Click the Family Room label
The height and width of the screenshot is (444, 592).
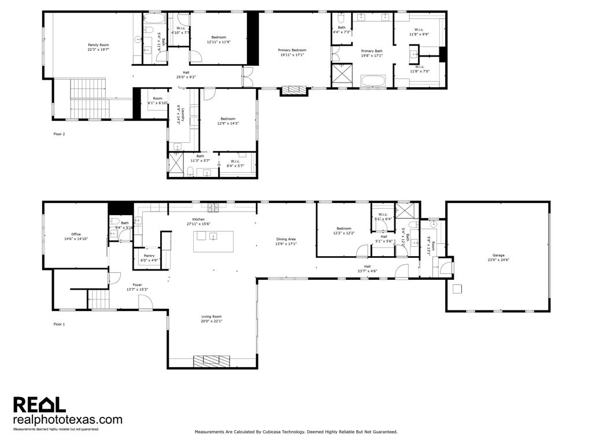(98, 45)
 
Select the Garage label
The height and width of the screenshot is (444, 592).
(498, 255)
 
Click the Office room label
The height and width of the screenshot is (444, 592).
(76, 234)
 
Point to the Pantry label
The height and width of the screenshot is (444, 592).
(149, 256)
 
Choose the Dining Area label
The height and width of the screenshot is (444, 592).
(286, 239)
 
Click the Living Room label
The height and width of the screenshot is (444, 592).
(212, 316)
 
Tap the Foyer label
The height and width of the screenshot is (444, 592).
(137, 284)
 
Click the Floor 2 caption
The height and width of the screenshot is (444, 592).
(60, 134)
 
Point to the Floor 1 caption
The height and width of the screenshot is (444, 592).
(60, 324)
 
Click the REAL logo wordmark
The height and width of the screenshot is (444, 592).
(39, 404)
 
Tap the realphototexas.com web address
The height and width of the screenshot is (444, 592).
(68, 420)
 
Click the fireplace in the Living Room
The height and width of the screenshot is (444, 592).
(212, 361)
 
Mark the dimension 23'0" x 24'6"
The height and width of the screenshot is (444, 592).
(498, 260)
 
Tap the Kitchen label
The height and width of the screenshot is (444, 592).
(198, 219)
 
